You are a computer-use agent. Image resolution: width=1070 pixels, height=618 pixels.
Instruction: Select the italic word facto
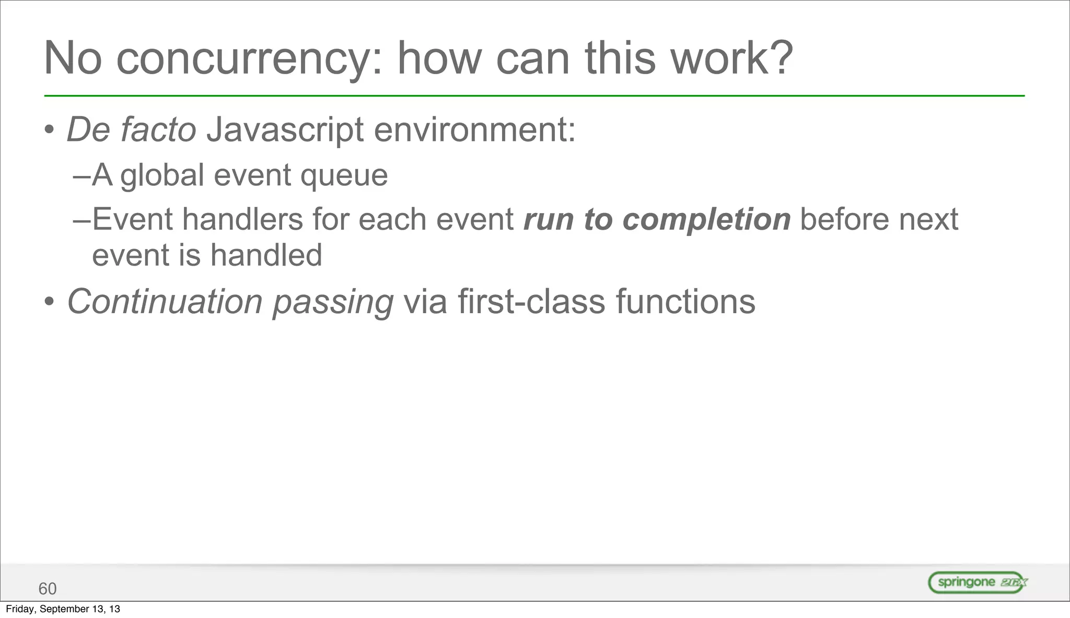[158, 129]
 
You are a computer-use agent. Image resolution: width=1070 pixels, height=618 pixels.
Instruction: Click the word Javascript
[285, 130]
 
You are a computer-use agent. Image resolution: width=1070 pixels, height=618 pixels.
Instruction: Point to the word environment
[474, 129]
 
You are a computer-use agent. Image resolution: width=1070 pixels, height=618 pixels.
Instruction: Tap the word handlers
[242, 219]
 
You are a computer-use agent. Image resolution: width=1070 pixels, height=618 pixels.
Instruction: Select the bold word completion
[706, 220]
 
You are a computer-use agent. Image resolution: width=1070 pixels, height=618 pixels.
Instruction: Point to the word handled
[266, 255]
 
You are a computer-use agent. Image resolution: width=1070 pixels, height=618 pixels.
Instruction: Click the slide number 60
[48, 589]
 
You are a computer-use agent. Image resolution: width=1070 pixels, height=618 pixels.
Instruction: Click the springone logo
[978, 583]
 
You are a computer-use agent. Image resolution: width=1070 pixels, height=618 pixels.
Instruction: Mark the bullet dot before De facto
[49, 130]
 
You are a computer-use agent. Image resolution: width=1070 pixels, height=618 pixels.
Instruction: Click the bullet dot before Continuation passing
[49, 302]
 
